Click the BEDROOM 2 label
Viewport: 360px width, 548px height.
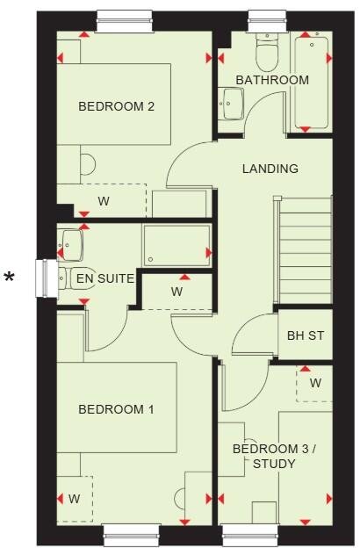(x=117, y=106)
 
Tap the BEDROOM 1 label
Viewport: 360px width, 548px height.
(x=116, y=409)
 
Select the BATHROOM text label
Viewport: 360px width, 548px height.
(x=272, y=80)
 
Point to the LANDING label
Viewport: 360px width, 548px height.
(x=270, y=169)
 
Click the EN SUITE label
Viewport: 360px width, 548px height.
(x=104, y=279)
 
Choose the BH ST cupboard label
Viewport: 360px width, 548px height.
(x=306, y=336)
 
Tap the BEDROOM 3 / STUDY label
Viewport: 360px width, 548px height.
(x=273, y=457)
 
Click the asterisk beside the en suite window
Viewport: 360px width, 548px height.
(x=10, y=279)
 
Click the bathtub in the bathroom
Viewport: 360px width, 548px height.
(x=313, y=82)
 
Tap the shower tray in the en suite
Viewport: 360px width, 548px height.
(x=176, y=245)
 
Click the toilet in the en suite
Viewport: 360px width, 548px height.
(x=69, y=278)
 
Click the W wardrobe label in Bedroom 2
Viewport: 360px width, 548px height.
(x=104, y=201)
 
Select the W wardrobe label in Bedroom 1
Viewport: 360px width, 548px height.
(x=75, y=499)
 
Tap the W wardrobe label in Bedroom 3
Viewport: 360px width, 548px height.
(x=314, y=383)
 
